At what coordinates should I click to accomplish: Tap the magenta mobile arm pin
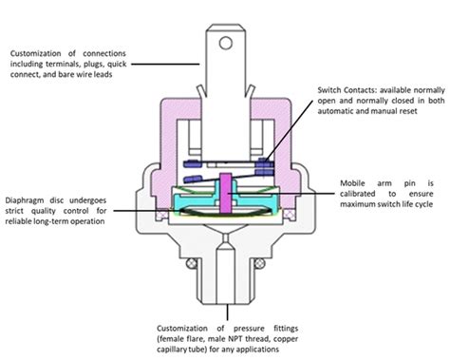tap(225, 194)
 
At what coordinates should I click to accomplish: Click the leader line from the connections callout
tap(166, 64)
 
